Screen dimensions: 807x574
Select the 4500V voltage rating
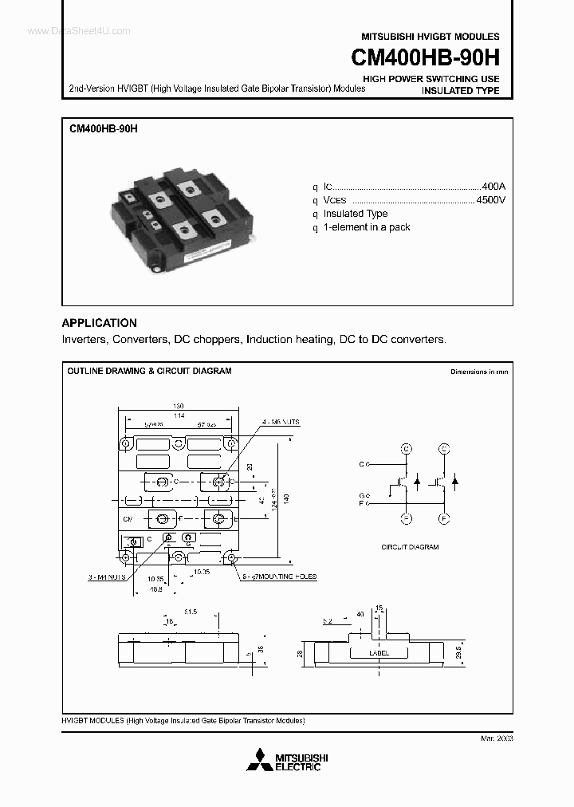click(x=489, y=199)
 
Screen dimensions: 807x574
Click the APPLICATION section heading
click(x=99, y=323)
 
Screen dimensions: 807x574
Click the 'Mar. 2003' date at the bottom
click(x=496, y=738)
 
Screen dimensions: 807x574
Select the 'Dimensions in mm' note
click(x=478, y=372)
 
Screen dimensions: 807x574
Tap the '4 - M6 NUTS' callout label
click(x=281, y=422)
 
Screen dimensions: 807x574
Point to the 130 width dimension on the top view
click(x=178, y=405)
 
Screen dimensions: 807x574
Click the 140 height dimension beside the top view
click(x=286, y=498)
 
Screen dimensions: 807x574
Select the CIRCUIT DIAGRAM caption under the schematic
click(x=410, y=547)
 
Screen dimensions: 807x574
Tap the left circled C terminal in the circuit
click(x=406, y=449)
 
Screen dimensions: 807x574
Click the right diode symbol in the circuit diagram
click(x=454, y=481)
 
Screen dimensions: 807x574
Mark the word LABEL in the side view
click(x=379, y=652)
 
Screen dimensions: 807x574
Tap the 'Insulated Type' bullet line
click(x=356, y=214)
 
